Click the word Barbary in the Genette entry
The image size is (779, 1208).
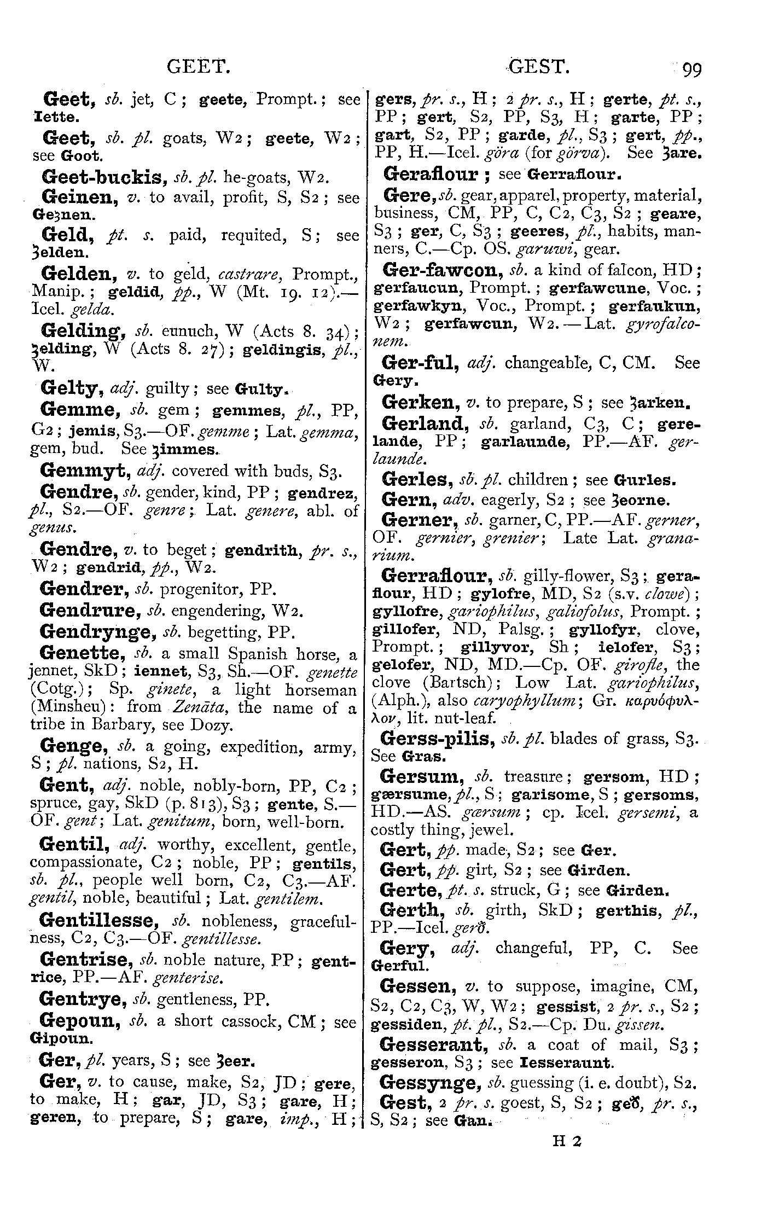pos(129,725)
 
